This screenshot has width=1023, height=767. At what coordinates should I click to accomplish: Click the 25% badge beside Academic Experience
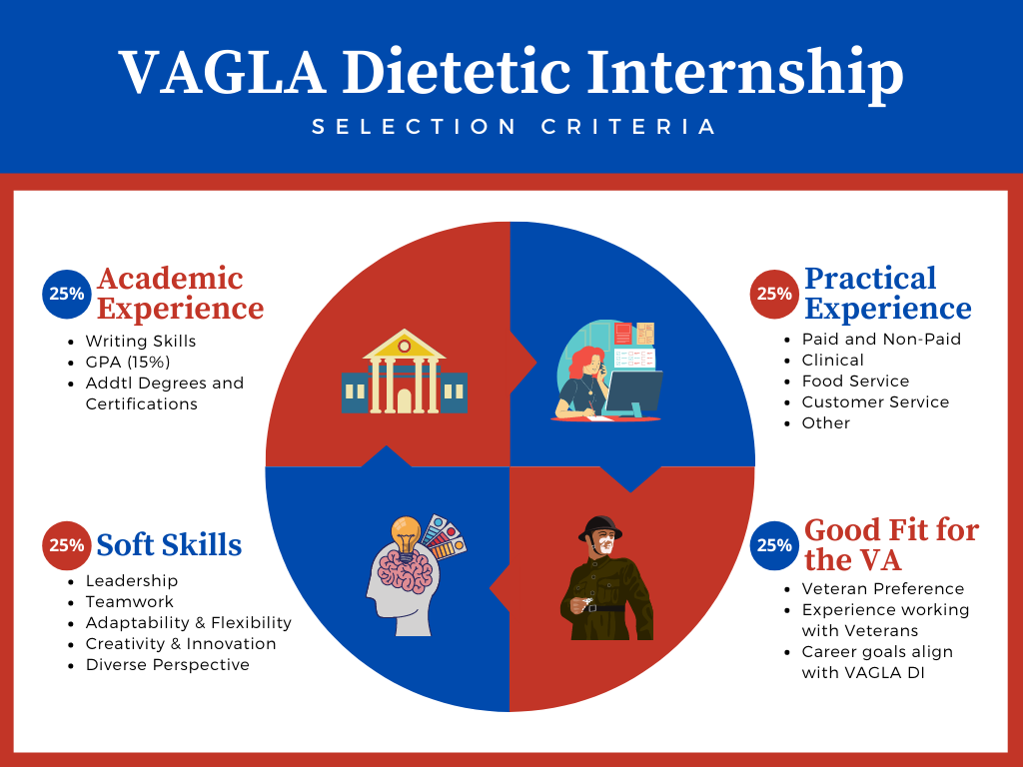pos(67,295)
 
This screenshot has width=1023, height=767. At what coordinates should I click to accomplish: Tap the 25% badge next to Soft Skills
pos(67,545)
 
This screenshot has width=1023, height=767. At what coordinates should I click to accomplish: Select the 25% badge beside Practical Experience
pos(774,295)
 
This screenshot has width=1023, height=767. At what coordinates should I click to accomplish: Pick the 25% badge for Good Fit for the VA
pos(774,545)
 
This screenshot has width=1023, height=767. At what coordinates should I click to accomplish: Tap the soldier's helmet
pos(600,527)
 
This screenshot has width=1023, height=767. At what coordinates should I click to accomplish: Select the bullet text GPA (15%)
pos(128,362)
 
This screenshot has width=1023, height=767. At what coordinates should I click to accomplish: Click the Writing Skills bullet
pos(141,342)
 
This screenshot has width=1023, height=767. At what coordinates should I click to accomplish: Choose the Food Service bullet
pos(855,381)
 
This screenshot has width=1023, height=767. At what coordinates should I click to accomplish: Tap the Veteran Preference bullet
pos(883,589)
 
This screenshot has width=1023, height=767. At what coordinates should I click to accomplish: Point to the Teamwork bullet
pos(130,602)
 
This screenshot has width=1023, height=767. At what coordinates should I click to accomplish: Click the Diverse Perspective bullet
pos(168,664)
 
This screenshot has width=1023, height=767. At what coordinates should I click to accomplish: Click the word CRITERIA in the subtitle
pos(628,127)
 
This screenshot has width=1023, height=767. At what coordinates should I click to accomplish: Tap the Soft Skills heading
pos(169,545)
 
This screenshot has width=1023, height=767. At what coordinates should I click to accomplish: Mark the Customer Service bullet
pos(875,401)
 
